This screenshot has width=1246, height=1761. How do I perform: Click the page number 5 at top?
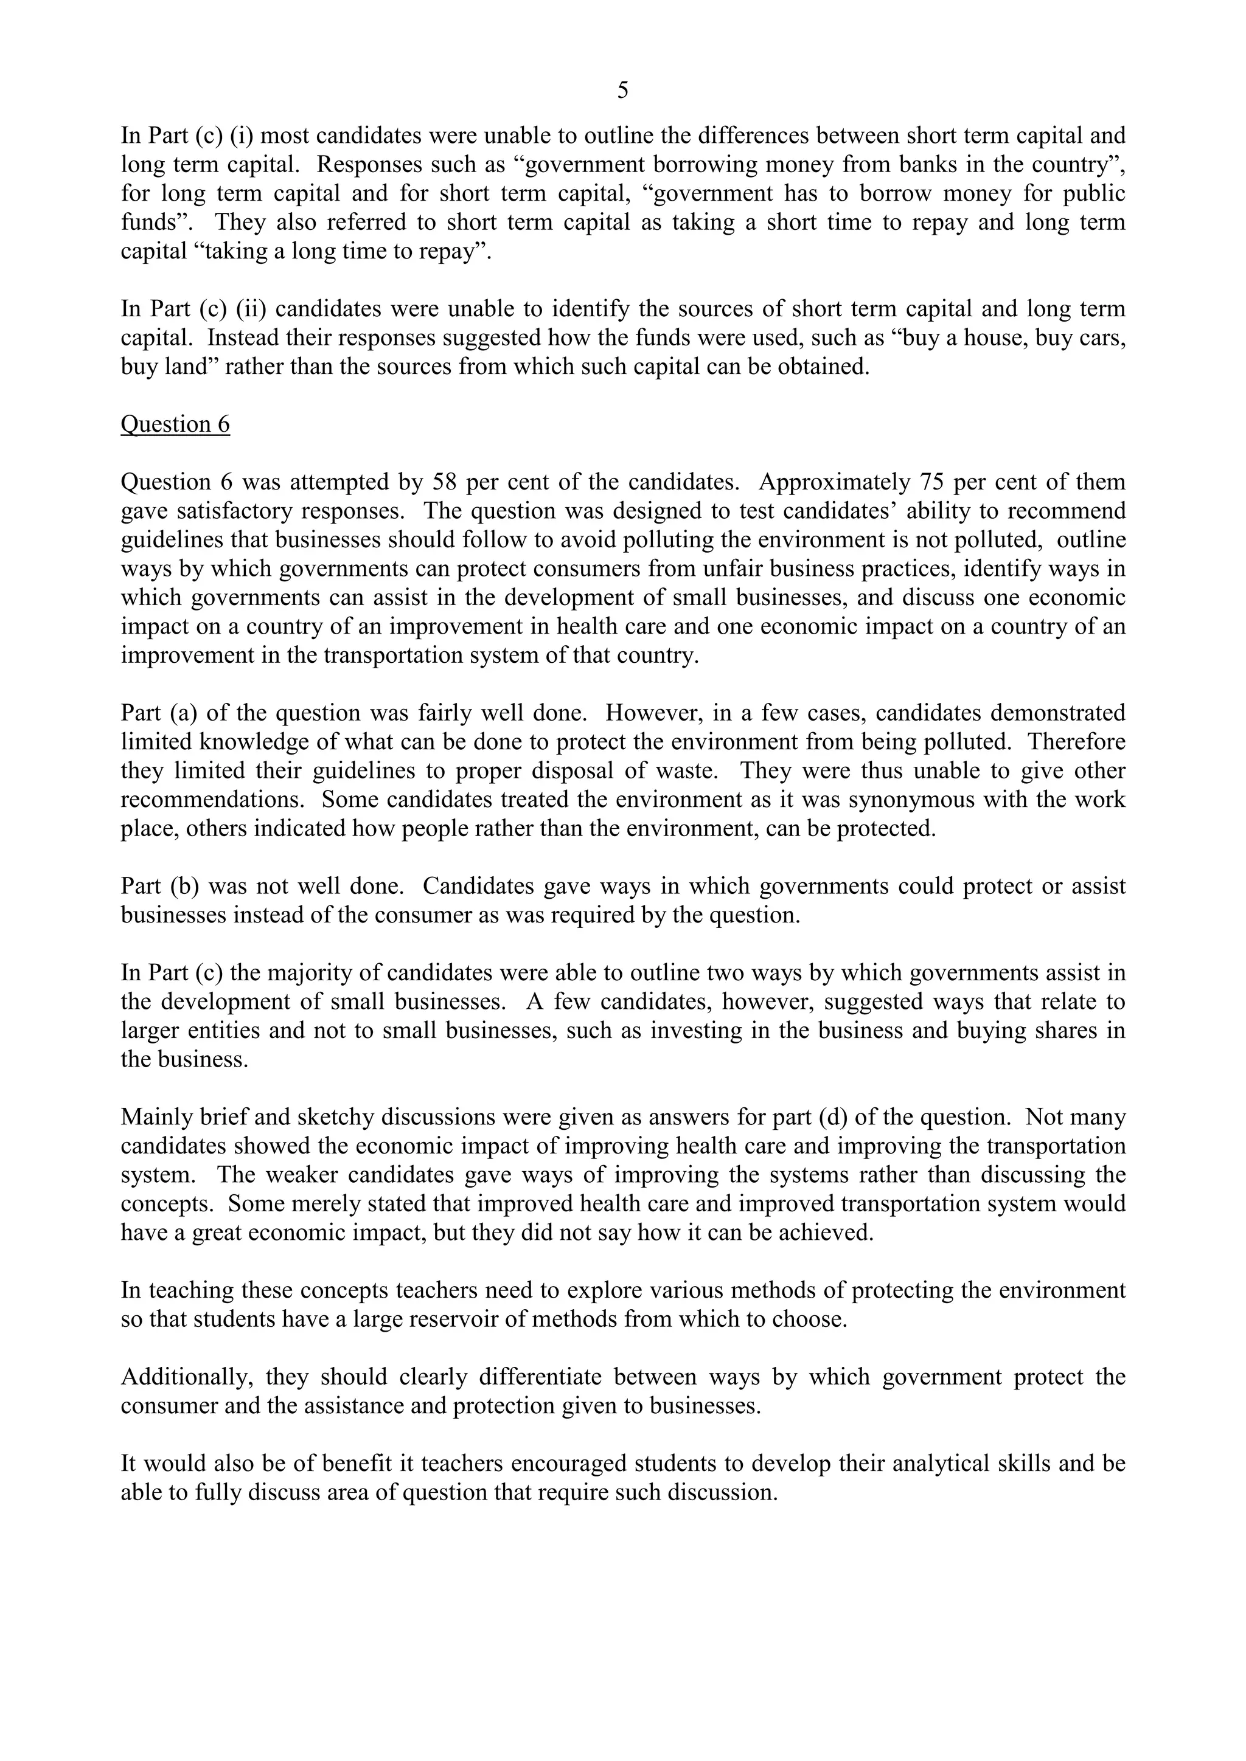point(622,91)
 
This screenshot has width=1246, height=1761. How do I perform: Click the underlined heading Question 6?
point(175,424)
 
